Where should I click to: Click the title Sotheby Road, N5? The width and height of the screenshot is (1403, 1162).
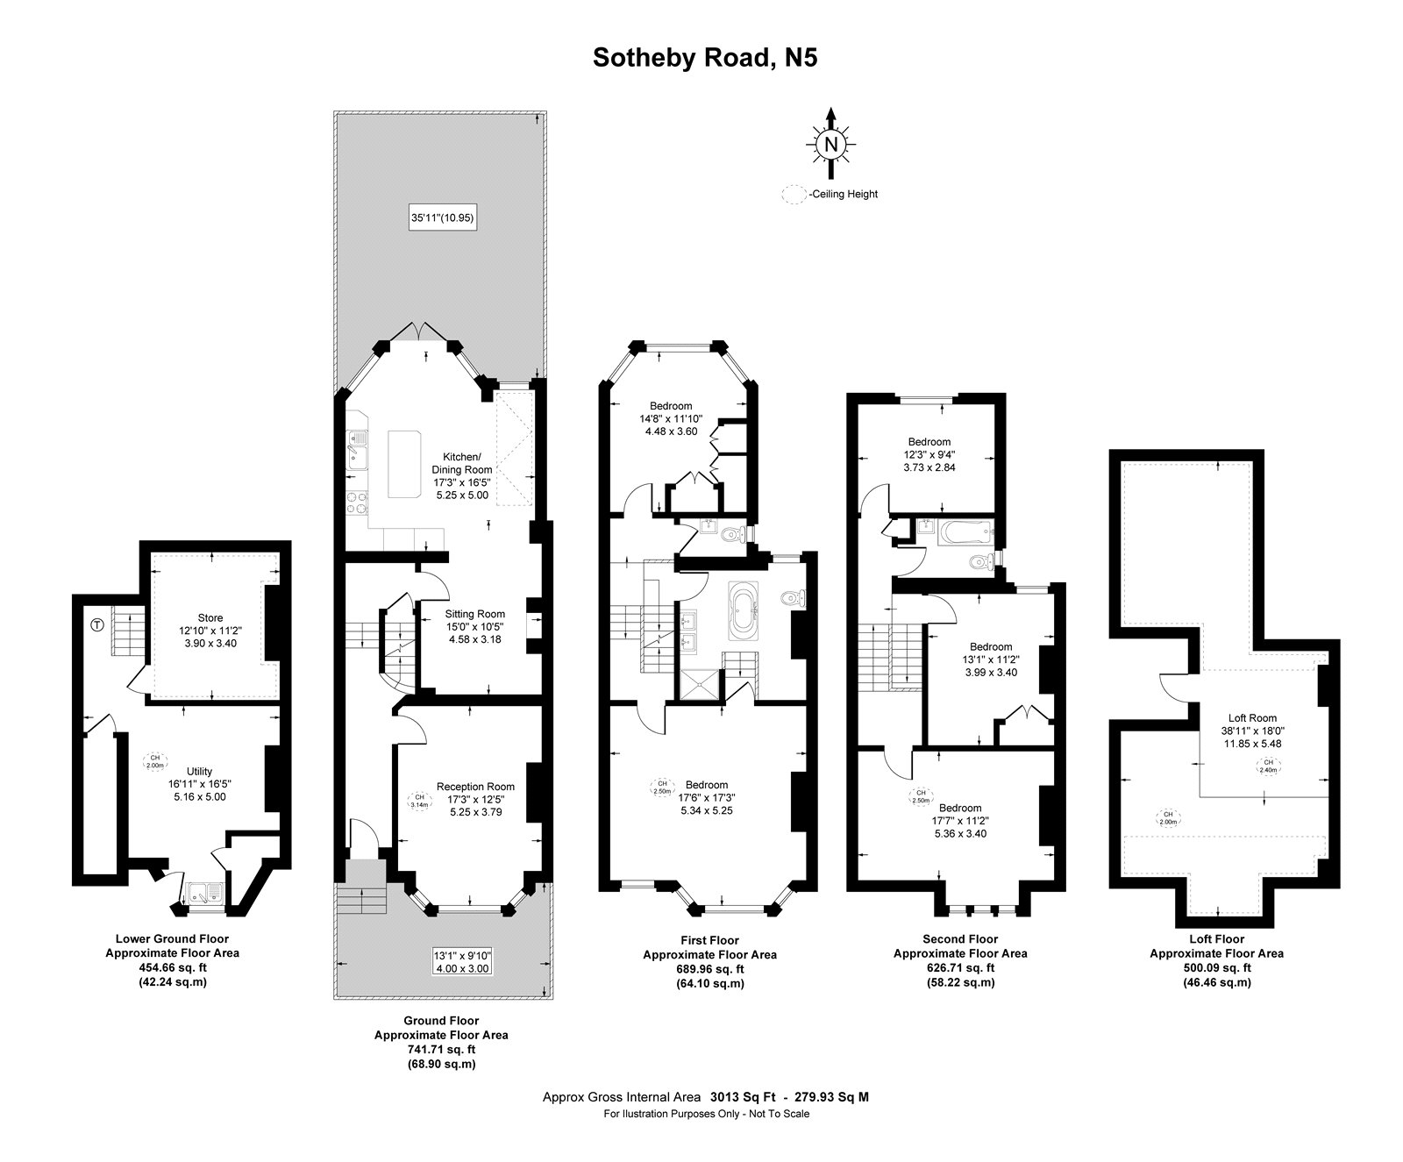tap(705, 57)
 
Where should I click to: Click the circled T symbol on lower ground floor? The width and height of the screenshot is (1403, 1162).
tap(96, 625)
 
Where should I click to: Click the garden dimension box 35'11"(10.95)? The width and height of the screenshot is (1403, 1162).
tap(444, 217)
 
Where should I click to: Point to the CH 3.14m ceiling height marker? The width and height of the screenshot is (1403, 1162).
tap(418, 801)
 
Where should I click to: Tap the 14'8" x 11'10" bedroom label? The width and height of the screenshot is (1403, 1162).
tap(671, 418)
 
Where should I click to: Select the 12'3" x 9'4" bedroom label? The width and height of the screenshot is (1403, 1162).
tap(930, 454)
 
